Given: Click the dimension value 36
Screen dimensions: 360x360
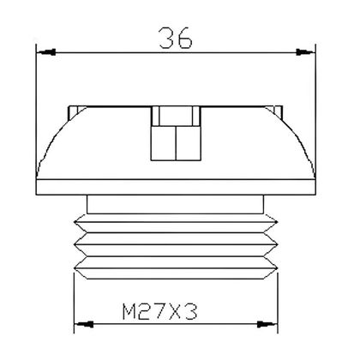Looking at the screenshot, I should coord(175,39).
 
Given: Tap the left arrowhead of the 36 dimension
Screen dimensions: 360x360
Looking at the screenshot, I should coord(41,53).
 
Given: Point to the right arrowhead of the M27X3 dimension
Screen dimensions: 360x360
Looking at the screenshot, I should coord(276,323).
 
